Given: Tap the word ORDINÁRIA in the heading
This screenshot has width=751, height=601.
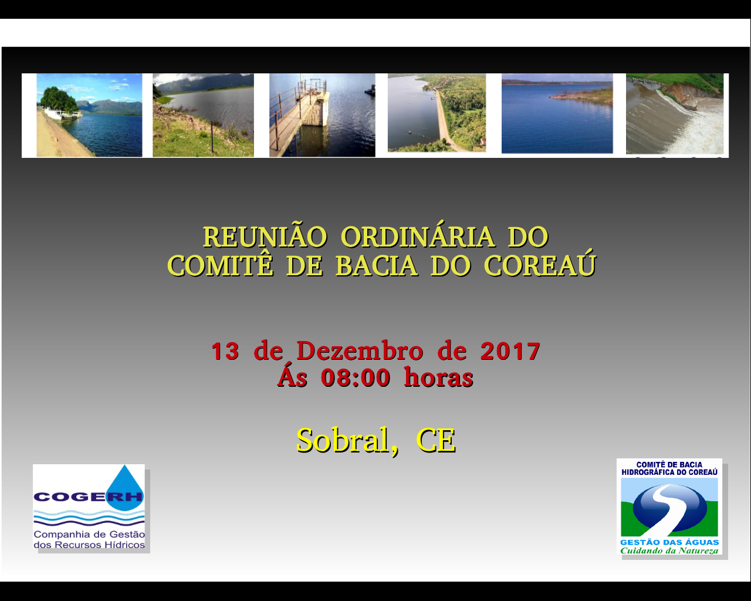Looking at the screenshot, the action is (x=418, y=236).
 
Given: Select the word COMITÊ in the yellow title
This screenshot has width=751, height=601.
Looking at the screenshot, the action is (x=220, y=265).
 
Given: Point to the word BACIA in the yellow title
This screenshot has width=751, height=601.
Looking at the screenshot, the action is (x=377, y=266).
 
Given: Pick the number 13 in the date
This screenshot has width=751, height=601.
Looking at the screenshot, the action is (x=225, y=351).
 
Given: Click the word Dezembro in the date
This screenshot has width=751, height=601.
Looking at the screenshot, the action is (x=360, y=350).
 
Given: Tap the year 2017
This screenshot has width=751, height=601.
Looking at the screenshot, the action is (x=510, y=351).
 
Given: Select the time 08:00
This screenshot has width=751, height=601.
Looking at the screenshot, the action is (x=356, y=377).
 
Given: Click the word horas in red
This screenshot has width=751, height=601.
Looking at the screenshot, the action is (x=438, y=377).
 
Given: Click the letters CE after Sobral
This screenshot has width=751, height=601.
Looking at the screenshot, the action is (x=436, y=441).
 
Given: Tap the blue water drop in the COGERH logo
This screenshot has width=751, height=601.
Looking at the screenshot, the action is (x=126, y=483).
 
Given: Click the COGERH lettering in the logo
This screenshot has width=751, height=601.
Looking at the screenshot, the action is (x=89, y=497).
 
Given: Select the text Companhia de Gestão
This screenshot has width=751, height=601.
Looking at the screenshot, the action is (x=89, y=534).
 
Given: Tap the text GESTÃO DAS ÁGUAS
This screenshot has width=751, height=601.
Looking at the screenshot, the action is (x=669, y=542).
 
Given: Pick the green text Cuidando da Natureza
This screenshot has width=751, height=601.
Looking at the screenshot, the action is (x=669, y=551).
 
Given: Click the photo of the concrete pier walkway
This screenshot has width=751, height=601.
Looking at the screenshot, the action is (x=322, y=115).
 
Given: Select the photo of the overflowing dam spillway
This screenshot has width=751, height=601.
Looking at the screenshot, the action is (x=675, y=114).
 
